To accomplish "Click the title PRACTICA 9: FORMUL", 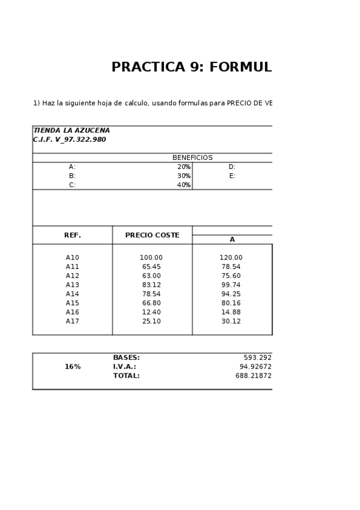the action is click(x=191, y=67).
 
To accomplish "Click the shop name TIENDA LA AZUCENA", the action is click(x=72, y=131).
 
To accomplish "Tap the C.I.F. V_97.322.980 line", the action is click(x=69, y=140).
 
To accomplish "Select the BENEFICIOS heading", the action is click(x=192, y=158).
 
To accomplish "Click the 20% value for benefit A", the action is click(x=183, y=167).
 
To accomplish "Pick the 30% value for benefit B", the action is click(x=183, y=176).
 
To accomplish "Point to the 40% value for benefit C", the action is click(x=183, y=185).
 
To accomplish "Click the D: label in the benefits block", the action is click(x=231, y=167).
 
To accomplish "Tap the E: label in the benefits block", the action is click(x=231, y=176).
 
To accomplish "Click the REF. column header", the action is click(x=72, y=235).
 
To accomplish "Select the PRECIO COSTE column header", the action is click(x=152, y=235).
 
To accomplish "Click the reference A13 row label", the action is click(x=72, y=285).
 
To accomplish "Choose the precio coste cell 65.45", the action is click(x=151, y=266).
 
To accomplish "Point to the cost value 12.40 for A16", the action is click(x=151, y=312).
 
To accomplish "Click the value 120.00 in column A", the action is click(x=231, y=257).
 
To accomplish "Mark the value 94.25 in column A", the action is click(x=231, y=294).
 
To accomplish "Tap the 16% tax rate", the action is click(x=72, y=367).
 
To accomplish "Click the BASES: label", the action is click(x=126, y=358).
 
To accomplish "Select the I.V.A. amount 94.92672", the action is click(x=255, y=367).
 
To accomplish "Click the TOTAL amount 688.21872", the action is click(x=253, y=376).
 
